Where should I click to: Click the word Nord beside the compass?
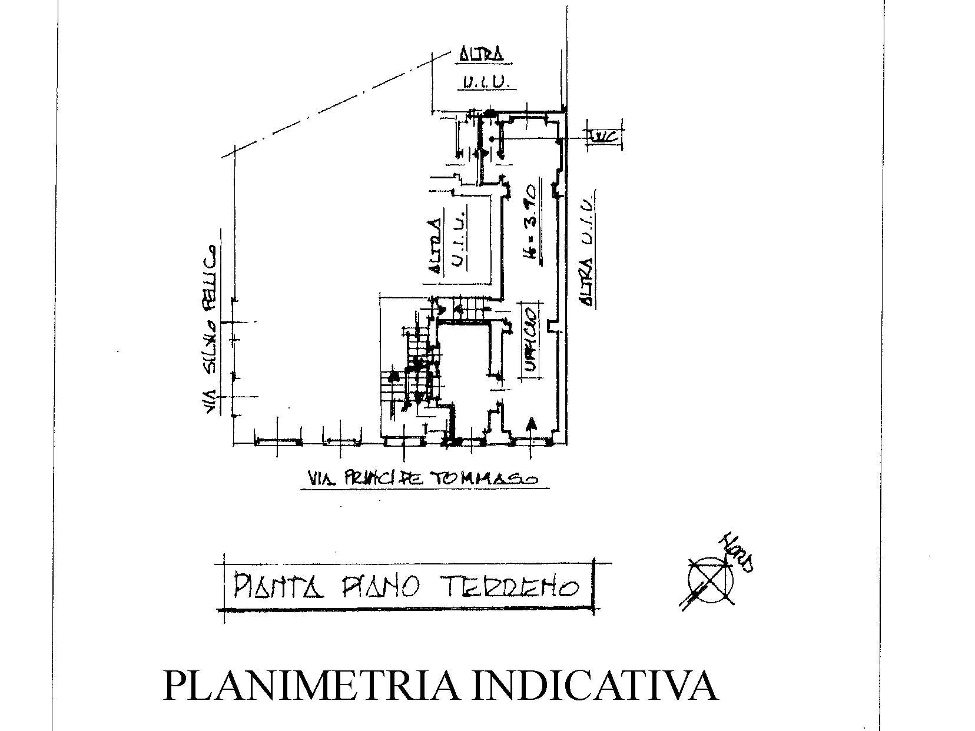pyautogui.click(x=739, y=553)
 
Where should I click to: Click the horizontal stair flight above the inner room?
pyautogui.click(x=468, y=307)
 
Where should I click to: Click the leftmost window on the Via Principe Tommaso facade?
pyautogui.click(x=278, y=441)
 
